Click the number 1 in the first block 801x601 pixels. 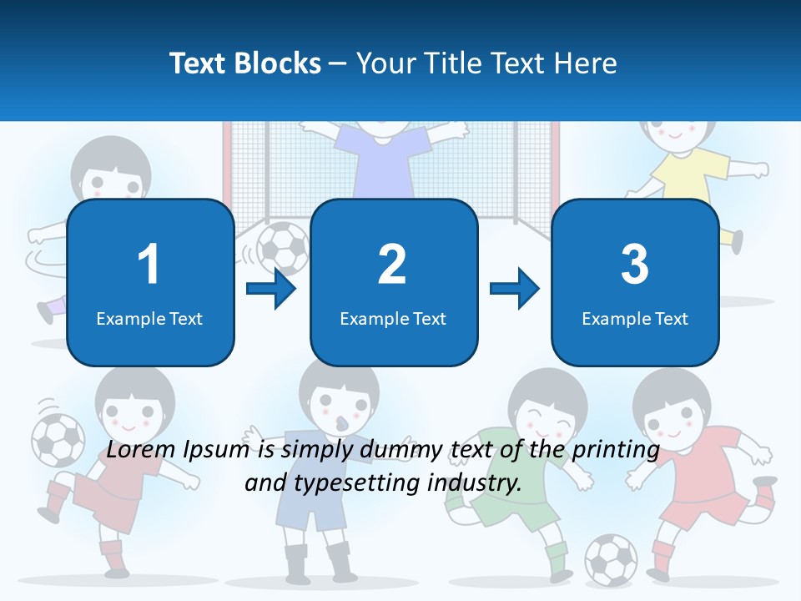click(149, 265)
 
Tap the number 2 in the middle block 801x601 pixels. click(392, 265)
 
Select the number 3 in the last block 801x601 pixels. click(635, 265)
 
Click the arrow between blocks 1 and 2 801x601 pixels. click(272, 290)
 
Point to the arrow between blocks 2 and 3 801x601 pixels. click(515, 290)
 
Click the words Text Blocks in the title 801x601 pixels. click(245, 63)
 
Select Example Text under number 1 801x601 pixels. click(149, 318)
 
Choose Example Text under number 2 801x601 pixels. click(393, 318)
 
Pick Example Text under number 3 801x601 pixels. click(635, 318)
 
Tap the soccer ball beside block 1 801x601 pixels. click(282, 246)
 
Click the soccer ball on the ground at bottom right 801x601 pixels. click(611, 558)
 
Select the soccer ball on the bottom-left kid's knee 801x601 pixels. click(58, 440)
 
